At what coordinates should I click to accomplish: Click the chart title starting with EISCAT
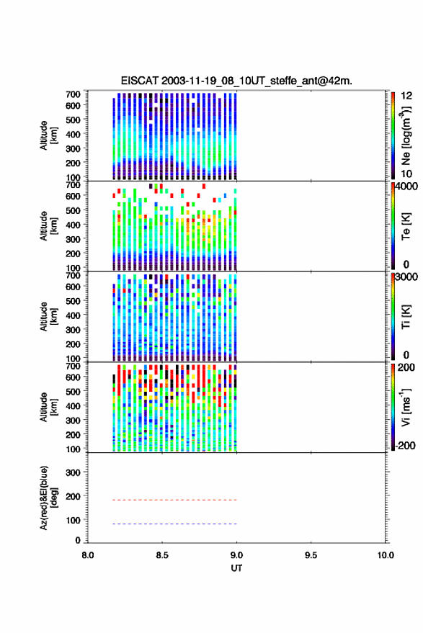point(236,81)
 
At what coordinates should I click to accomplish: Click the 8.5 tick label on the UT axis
point(162,555)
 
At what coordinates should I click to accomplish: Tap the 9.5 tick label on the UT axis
point(311,555)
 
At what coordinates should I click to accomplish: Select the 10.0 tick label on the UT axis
point(386,555)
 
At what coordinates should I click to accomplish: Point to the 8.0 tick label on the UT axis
point(88,555)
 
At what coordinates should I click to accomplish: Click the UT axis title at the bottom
point(236,568)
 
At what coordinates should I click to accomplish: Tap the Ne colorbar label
point(406,136)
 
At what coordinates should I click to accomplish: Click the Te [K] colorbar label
point(406,226)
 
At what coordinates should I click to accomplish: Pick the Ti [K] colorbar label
point(406,317)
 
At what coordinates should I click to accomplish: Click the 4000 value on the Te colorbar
point(406,187)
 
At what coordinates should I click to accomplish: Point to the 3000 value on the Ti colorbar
point(406,277)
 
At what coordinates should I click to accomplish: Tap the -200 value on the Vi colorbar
point(405,445)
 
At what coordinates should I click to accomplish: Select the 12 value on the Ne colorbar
point(406,96)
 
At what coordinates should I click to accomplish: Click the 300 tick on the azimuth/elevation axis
point(73,472)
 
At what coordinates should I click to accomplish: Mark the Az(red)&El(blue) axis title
point(48,498)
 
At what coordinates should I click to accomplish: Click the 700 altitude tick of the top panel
point(73,94)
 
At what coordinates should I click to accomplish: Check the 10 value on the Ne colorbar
point(406,174)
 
